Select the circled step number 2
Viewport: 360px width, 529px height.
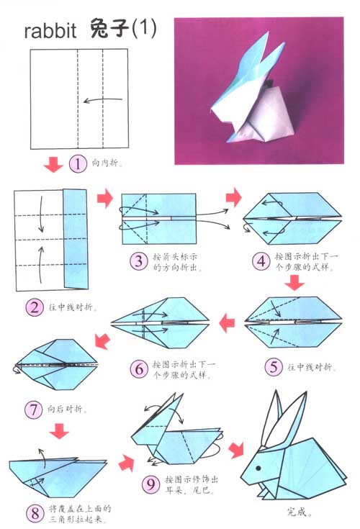(x=34, y=307)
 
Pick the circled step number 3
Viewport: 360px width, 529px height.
(x=139, y=260)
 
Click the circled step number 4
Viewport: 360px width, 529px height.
(x=261, y=261)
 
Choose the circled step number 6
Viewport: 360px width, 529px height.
(x=139, y=370)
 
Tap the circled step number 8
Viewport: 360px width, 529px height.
(x=34, y=513)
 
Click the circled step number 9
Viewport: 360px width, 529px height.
(x=150, y=484)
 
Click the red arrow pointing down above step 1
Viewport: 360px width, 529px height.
(x=53, y=165)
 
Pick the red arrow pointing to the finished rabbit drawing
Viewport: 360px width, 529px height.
(x=235, y=451)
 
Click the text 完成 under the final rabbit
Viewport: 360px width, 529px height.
(x=295, y=514)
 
